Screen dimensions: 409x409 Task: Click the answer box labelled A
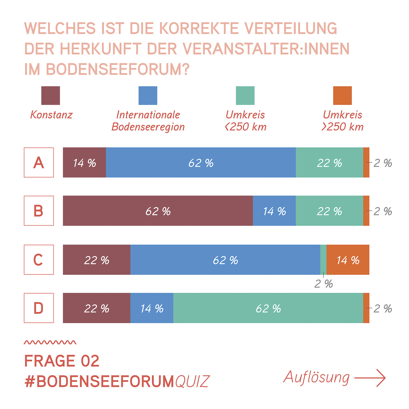39,162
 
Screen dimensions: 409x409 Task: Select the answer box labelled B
39,211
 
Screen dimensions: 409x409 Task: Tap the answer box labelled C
39,259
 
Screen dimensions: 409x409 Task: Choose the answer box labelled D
39,308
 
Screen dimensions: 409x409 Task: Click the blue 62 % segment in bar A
201,162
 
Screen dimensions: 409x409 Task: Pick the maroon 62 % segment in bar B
158,211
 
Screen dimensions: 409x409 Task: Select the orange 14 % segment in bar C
348,260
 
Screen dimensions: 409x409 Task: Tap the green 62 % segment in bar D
268,308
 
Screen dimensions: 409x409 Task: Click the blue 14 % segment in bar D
152,308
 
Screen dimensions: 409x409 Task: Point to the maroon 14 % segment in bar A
84,162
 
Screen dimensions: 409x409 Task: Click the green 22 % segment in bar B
329,211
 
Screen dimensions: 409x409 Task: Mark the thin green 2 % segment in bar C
323,259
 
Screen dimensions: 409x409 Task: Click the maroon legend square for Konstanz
50,96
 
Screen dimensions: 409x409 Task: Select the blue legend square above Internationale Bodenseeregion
148,96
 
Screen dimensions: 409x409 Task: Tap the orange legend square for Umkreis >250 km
342,96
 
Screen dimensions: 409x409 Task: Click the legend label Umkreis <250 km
245,121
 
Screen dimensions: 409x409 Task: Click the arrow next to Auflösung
370,378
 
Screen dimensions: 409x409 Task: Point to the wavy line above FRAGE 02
50,343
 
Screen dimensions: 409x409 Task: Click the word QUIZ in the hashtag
192,382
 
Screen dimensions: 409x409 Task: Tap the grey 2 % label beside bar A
382,163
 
